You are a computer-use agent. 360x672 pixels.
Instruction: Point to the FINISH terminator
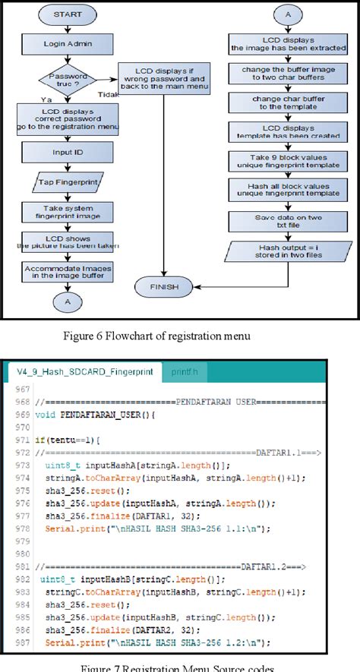(164, 286)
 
